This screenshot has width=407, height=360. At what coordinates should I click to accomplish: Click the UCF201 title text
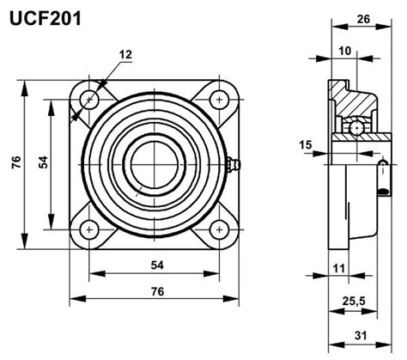(x=46, y=19)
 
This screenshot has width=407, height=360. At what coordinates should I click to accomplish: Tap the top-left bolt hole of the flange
(x=89, y=100)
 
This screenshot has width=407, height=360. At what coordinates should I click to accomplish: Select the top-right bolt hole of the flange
(x=219, y=100)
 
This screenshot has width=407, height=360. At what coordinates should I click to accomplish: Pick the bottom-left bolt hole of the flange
(x=89, y=229)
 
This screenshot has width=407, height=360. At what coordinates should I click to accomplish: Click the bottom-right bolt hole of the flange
(x=219, y=229)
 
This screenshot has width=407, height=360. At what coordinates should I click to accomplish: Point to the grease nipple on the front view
(x=234, y=165)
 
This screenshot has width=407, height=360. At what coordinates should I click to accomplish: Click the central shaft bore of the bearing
(x=155, y=165)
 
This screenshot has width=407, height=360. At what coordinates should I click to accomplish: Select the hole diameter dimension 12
(x=125, y=54)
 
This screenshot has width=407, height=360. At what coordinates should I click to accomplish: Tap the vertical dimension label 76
(x=16, y=162)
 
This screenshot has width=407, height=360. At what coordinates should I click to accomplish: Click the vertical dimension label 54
(x=43, y=162)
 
